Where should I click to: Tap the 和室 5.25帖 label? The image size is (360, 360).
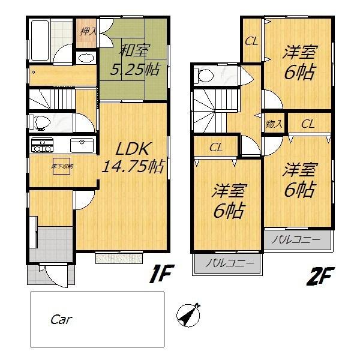(135, 60)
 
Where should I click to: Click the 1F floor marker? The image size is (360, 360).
(161, 277)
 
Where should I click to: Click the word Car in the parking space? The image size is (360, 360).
(61, 319)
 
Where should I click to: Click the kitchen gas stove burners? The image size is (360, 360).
(43, 145)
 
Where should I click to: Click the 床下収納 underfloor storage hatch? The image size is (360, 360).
(61, 166)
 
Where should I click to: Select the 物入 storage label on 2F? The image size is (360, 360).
(274, 124)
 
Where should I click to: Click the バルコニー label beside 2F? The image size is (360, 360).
(296, 241)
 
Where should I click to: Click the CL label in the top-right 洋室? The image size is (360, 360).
(251, 41)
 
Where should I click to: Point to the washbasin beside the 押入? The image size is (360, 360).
(86, 58)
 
